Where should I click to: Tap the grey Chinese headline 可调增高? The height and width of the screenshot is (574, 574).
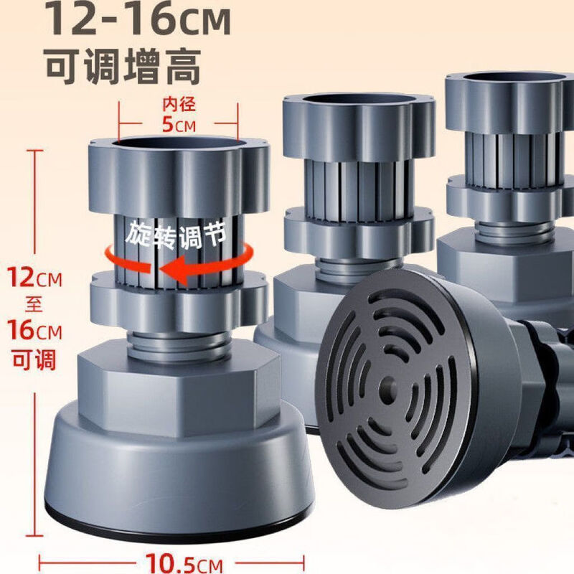[x=123, y=67]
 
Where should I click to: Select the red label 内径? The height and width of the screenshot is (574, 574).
[x=179, y=105]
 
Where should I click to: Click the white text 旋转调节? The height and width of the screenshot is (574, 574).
[x=176, y=235]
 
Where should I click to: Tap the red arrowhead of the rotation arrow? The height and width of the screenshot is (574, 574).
[x=174, y=270]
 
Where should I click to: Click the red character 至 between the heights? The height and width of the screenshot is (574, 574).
[x=34, y=304]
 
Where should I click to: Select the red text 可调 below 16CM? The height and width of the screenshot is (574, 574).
[x=34, y=359]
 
